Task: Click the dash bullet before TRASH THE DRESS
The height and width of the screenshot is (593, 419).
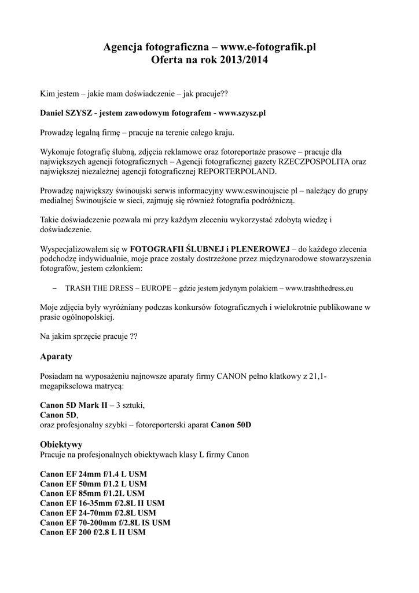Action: tap(55, 287)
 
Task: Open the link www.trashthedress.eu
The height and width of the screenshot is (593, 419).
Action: tap(319, 287)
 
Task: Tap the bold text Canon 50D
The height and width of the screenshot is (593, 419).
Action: tap(231, 424)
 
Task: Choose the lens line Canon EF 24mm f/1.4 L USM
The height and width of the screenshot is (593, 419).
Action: tap(93, 474)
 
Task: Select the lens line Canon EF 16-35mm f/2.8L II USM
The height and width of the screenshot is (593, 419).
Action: tap(102, 503)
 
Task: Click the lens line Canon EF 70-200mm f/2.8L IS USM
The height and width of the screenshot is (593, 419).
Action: tap(105, 523)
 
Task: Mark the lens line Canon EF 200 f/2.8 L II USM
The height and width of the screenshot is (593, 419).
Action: tap(93, 533)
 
